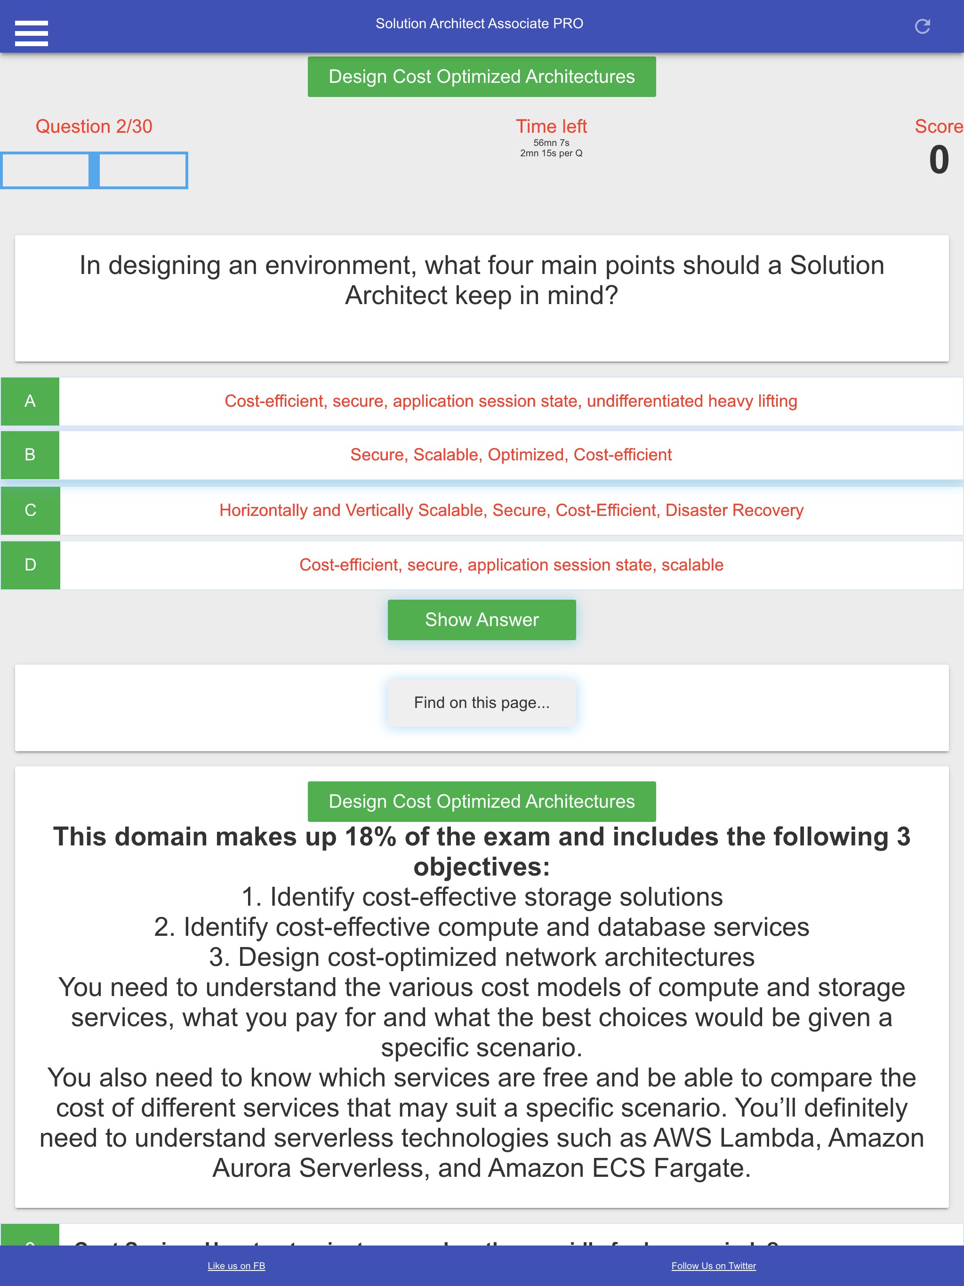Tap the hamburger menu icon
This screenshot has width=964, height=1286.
[32, 32]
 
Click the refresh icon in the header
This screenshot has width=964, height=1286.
[922, 26]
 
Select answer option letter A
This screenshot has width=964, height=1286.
[30, 401]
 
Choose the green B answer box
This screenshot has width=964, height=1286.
[30, 455]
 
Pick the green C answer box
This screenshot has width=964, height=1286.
[30, 510]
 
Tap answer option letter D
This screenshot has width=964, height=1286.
[30, 565]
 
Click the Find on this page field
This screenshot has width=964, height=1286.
[482, 703]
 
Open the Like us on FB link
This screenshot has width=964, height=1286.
[236, 1266]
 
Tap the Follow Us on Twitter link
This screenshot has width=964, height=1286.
[714, 1266]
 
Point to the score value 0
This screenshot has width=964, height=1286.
[939, 160]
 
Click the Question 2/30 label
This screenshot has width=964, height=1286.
[94, 126]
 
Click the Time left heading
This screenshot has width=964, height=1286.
[551, 126]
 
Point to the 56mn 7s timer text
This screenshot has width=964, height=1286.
[551, 143]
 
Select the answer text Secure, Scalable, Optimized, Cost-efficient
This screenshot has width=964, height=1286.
[511, 455]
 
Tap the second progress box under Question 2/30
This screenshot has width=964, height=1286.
[143, 170]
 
